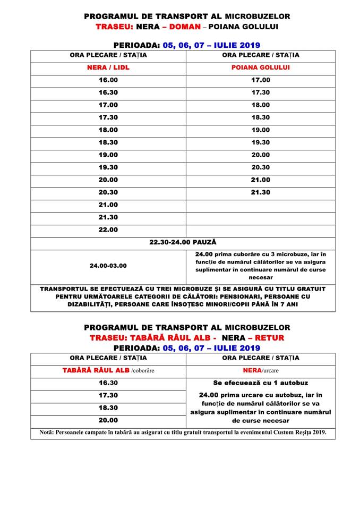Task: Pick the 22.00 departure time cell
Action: tap(108, 230)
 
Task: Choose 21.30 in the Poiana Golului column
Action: tap(261, 192)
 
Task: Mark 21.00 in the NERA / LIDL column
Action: tap(108, 205)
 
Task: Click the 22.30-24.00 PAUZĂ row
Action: tap(183, 243)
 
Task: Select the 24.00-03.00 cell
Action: tap(108, 265)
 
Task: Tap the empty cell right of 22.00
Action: tap(261, 230)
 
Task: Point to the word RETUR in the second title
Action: tap(268, 338)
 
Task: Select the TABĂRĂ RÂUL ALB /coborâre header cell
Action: tap(108, 370)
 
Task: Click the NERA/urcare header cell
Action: tap(261, 370)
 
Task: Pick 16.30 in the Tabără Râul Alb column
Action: tap(108, 382)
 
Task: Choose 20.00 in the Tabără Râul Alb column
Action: tap(108, 420)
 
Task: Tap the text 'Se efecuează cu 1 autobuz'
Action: tap(261, 382)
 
